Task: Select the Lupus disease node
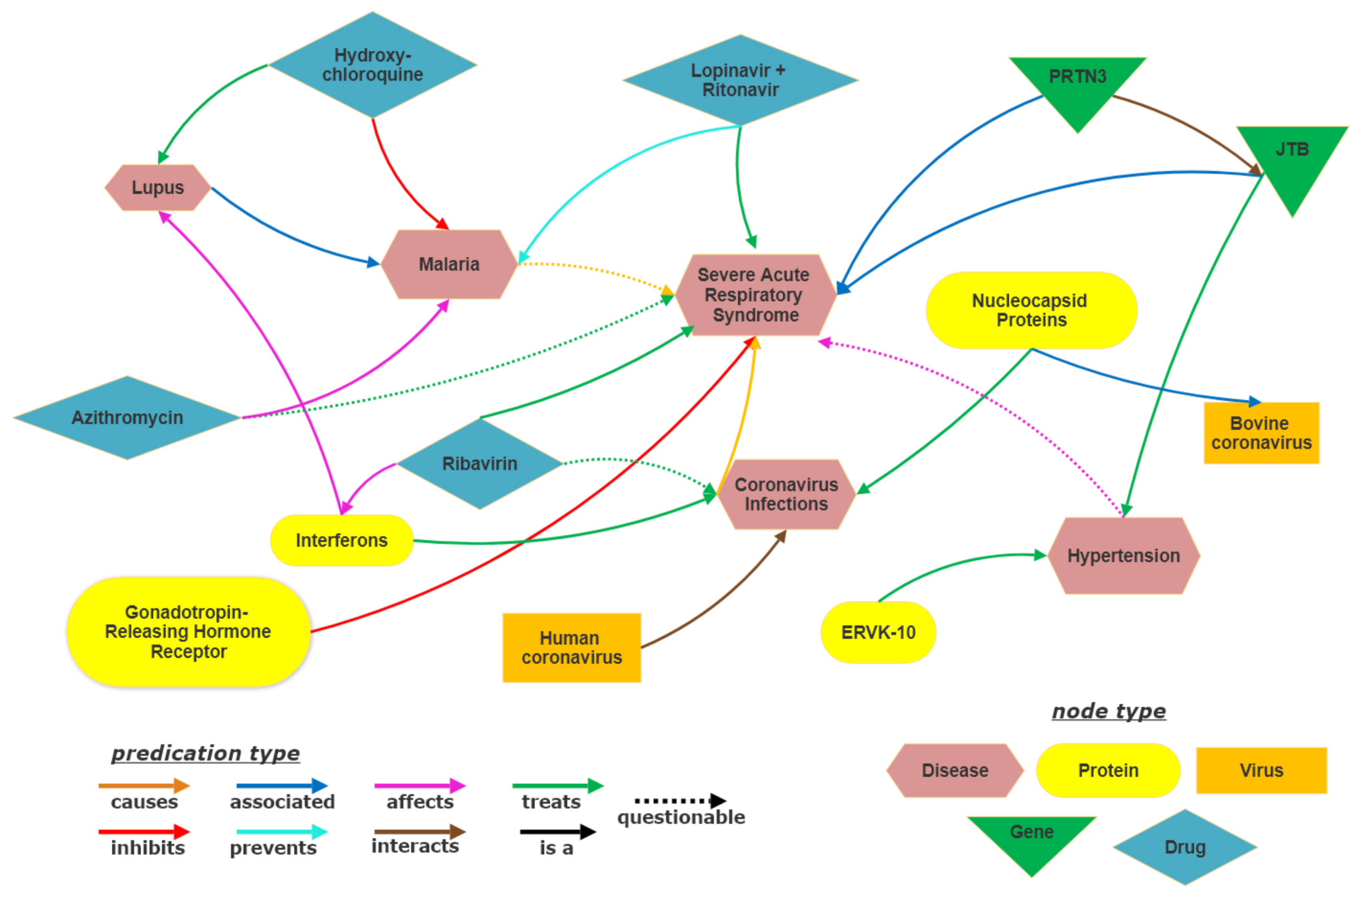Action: pyautogui.click(x=158, y=187)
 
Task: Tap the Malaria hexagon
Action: pyautogui.click(x=449, y=264)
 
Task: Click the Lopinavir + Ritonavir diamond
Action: pyautogui.click(x=740, y=80)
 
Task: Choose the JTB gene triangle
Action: pyautogui.click(x=1292, y=158)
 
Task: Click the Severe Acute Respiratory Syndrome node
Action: pyautogui.click(x=755, y=295)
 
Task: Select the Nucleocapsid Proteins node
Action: pyautogui.click(x=1031, y=310)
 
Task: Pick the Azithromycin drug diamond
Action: pyautogui.click(x=127, y=418)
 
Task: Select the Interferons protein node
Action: pyautogui.click(x=341, y=540)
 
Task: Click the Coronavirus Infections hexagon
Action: pyautogui.click(x=786, y=494)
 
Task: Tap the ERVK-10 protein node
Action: pyautogui.click(x=878, y=632)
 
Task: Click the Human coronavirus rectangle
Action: pyautogui.click(x=571, y=648)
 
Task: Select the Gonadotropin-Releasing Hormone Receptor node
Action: pyautogui.click(x=188, y=632)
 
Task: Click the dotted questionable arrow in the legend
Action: pyautogui.click(x=680, y=801)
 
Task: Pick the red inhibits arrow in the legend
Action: pyautogui.click(x=144, y=831)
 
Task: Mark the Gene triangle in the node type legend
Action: pyautogui.click(x=1031, y=839)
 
